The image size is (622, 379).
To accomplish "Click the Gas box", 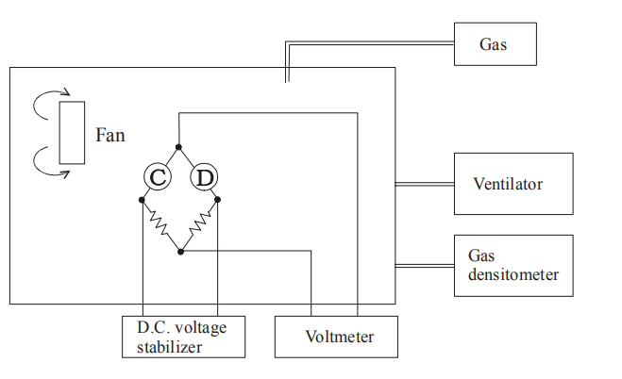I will tap(495, 44).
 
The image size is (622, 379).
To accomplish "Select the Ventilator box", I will tap(513, 184).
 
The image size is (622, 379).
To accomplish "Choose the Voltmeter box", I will tap(337, 337).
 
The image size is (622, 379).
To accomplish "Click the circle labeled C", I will tap(159, 176).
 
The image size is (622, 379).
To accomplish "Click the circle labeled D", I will tap(203, 176).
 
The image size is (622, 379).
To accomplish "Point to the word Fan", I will tap(110, 135).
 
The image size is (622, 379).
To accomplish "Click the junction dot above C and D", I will tap(179, 147).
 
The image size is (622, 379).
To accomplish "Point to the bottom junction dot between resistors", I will tap(180, 252).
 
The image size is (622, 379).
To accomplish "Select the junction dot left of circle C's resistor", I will tap(142, 199).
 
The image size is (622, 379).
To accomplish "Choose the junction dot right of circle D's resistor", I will tap(218, 199).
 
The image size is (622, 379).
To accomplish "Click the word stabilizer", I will tap(169, 347).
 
